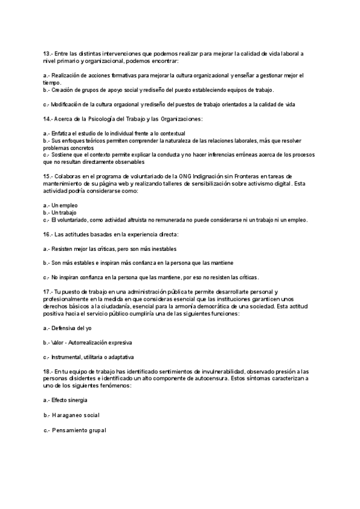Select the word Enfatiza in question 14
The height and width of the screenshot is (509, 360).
[x=62, y=133]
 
